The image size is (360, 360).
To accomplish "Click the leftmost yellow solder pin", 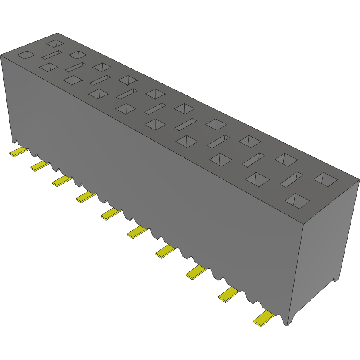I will click(19, 151).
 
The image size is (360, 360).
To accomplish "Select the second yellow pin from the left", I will click(40, 166).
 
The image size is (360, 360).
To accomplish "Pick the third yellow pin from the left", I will click(62, 181).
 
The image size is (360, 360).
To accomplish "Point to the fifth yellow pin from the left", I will click(111, 213).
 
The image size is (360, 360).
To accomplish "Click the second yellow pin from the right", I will click(229, 295).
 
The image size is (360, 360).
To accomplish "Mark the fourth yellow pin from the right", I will click(166, 252).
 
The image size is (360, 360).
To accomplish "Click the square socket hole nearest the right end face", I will click(326, 179).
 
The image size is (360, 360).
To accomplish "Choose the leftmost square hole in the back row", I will click(55, 43).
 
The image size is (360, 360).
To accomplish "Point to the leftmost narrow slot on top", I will click(52, 55).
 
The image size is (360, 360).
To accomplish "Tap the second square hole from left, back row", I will click(78, 55).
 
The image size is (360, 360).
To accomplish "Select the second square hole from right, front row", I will click(257, 179).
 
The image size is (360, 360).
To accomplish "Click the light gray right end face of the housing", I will click(327, 241).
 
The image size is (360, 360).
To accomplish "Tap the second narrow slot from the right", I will click(253, 160).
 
